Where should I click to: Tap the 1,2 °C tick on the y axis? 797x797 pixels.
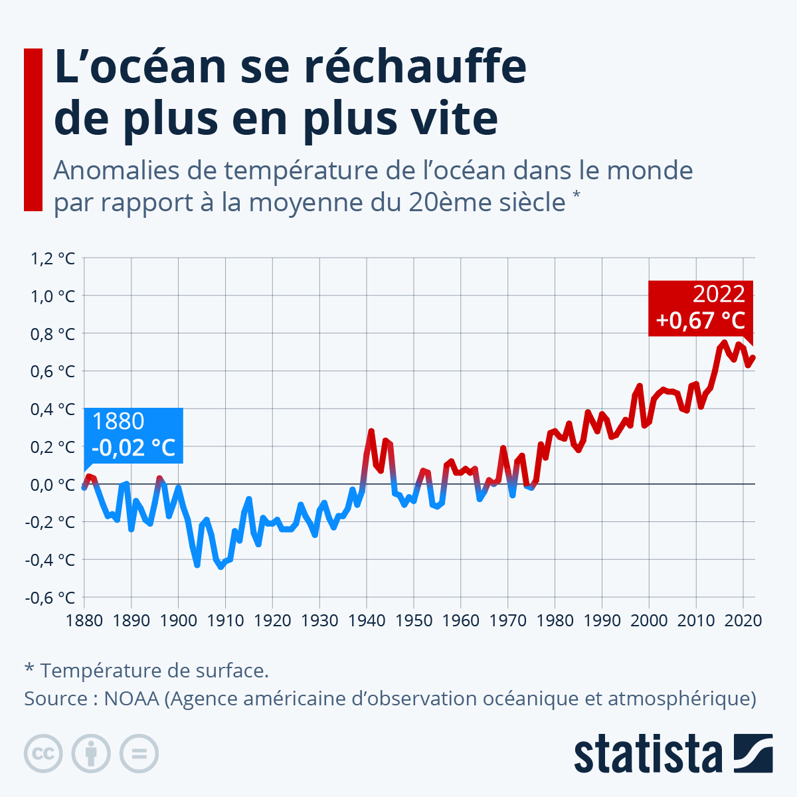click(x=50, y=258)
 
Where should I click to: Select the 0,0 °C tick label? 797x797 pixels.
click(x=50, y=484)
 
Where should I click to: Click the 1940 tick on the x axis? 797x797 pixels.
click(x=367, y=620)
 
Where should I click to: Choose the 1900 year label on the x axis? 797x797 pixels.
click(x=179, y=620)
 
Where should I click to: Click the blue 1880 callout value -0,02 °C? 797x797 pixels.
click(x=133, y=447)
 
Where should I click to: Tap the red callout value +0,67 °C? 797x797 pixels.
click(x=700, y=320)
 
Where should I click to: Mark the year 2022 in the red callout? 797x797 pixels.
click(x=719, y=294)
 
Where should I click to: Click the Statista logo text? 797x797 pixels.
click(x=648, y=754)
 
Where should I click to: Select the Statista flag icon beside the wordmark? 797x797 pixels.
click(x=753, y=753)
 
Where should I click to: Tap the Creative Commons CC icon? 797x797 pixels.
click(x=43, y=754)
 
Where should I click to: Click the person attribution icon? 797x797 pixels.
click(x=91, y=754)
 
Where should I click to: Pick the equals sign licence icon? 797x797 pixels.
click(x=139, y=754)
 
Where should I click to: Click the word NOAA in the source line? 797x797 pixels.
click(x=132, y=699)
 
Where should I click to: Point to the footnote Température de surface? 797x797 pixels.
click(x=154, y=670)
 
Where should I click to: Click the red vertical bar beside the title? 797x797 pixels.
click(x=33, y=130)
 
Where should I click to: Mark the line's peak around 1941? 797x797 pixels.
click(x=371, y=432)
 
